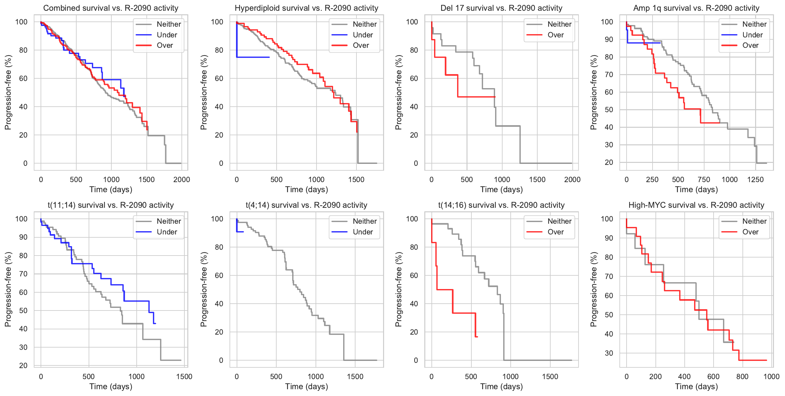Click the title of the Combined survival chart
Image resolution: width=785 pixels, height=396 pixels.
[x=111, y=8]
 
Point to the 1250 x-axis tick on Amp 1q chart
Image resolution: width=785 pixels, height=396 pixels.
[x=755, y=179]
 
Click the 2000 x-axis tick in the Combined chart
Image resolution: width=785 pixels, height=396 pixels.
[x=181, y=179]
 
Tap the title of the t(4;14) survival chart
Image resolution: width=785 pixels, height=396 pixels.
[x=306, y=205]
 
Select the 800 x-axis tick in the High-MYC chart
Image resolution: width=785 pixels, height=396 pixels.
[x=742, y=376]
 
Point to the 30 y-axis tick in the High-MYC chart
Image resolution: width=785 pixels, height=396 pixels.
[x=609, y=353]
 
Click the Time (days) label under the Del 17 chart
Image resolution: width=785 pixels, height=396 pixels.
[x=501, y=190]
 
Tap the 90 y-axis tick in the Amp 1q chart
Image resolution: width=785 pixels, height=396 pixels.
[x=607, y=40]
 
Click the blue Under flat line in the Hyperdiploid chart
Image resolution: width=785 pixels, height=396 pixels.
[x=253, y=57]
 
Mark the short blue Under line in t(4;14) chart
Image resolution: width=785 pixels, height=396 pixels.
[x=240, y=231]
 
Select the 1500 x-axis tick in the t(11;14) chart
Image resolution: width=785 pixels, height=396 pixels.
[x=184, y=376]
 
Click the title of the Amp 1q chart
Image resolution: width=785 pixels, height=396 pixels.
[x=696, y=8]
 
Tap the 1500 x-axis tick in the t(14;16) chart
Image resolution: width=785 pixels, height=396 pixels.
[x=550, y=376]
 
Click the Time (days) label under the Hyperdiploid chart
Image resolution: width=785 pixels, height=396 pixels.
[x=306, y=190]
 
